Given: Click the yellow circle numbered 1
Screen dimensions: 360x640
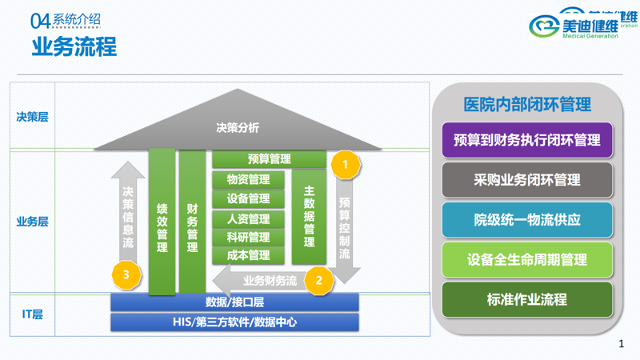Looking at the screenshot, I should (x=346, y=165).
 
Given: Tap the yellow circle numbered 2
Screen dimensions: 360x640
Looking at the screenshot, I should (x=319, y=280).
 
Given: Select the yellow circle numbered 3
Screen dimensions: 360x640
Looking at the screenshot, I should (x=126, y=275).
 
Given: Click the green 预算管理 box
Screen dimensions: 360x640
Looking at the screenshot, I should (x=269, y=159).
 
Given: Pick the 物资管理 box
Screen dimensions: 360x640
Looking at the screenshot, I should (x=248, y=179).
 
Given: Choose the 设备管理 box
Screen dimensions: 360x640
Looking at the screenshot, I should (x=248, y=198).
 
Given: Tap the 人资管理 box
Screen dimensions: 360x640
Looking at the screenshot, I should (x=248, y=218).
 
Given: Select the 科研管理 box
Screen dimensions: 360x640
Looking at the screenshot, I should (x=248, y=237).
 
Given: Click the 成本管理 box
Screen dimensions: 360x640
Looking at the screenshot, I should (x=248, y=255).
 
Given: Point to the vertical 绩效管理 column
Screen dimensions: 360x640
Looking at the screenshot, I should (x=162, y=222).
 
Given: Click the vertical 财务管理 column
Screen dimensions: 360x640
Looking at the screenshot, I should (x=192, y=222).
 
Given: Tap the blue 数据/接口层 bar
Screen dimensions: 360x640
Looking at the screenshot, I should (x=234, y=302).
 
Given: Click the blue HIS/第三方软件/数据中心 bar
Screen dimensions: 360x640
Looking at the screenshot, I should (x=234, y=322).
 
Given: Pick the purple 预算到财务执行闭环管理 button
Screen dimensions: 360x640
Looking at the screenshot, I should (x=527, y=140).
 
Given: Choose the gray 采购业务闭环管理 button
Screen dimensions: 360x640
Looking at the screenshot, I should (x=527, y=180).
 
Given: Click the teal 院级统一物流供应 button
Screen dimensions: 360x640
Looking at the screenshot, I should (x=527, y=219).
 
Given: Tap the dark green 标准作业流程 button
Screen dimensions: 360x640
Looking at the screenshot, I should (x=527, y=300).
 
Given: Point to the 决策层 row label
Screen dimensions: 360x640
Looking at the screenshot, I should (x=33, y=117).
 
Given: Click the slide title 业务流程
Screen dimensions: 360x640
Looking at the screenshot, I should (x=74, y=46).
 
